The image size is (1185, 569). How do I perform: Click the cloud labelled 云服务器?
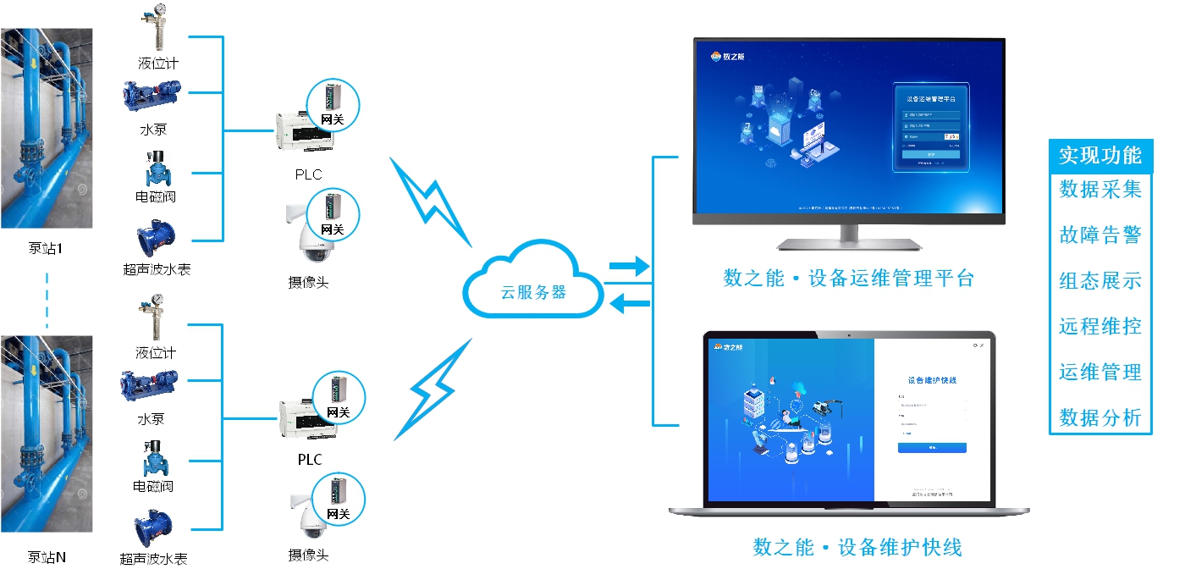point(532,283)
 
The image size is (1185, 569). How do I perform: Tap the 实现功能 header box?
point(1100,156)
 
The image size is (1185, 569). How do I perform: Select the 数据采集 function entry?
point(1100,190)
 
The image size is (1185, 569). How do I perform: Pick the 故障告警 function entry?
point(1100,235)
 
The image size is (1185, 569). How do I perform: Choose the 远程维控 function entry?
point(1100,327)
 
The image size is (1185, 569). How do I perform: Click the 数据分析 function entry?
point(1100,417)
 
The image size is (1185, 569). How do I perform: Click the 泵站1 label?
point(46,249)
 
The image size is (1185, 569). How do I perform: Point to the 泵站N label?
point(47,557)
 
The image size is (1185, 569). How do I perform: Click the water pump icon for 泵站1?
point(152,97)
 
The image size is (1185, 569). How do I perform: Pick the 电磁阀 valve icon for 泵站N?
point(156,458)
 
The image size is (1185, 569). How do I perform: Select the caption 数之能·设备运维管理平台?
point(849,279)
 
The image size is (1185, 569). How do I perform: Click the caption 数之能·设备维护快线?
point(857,547)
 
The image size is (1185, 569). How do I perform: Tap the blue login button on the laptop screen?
point(931,447)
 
